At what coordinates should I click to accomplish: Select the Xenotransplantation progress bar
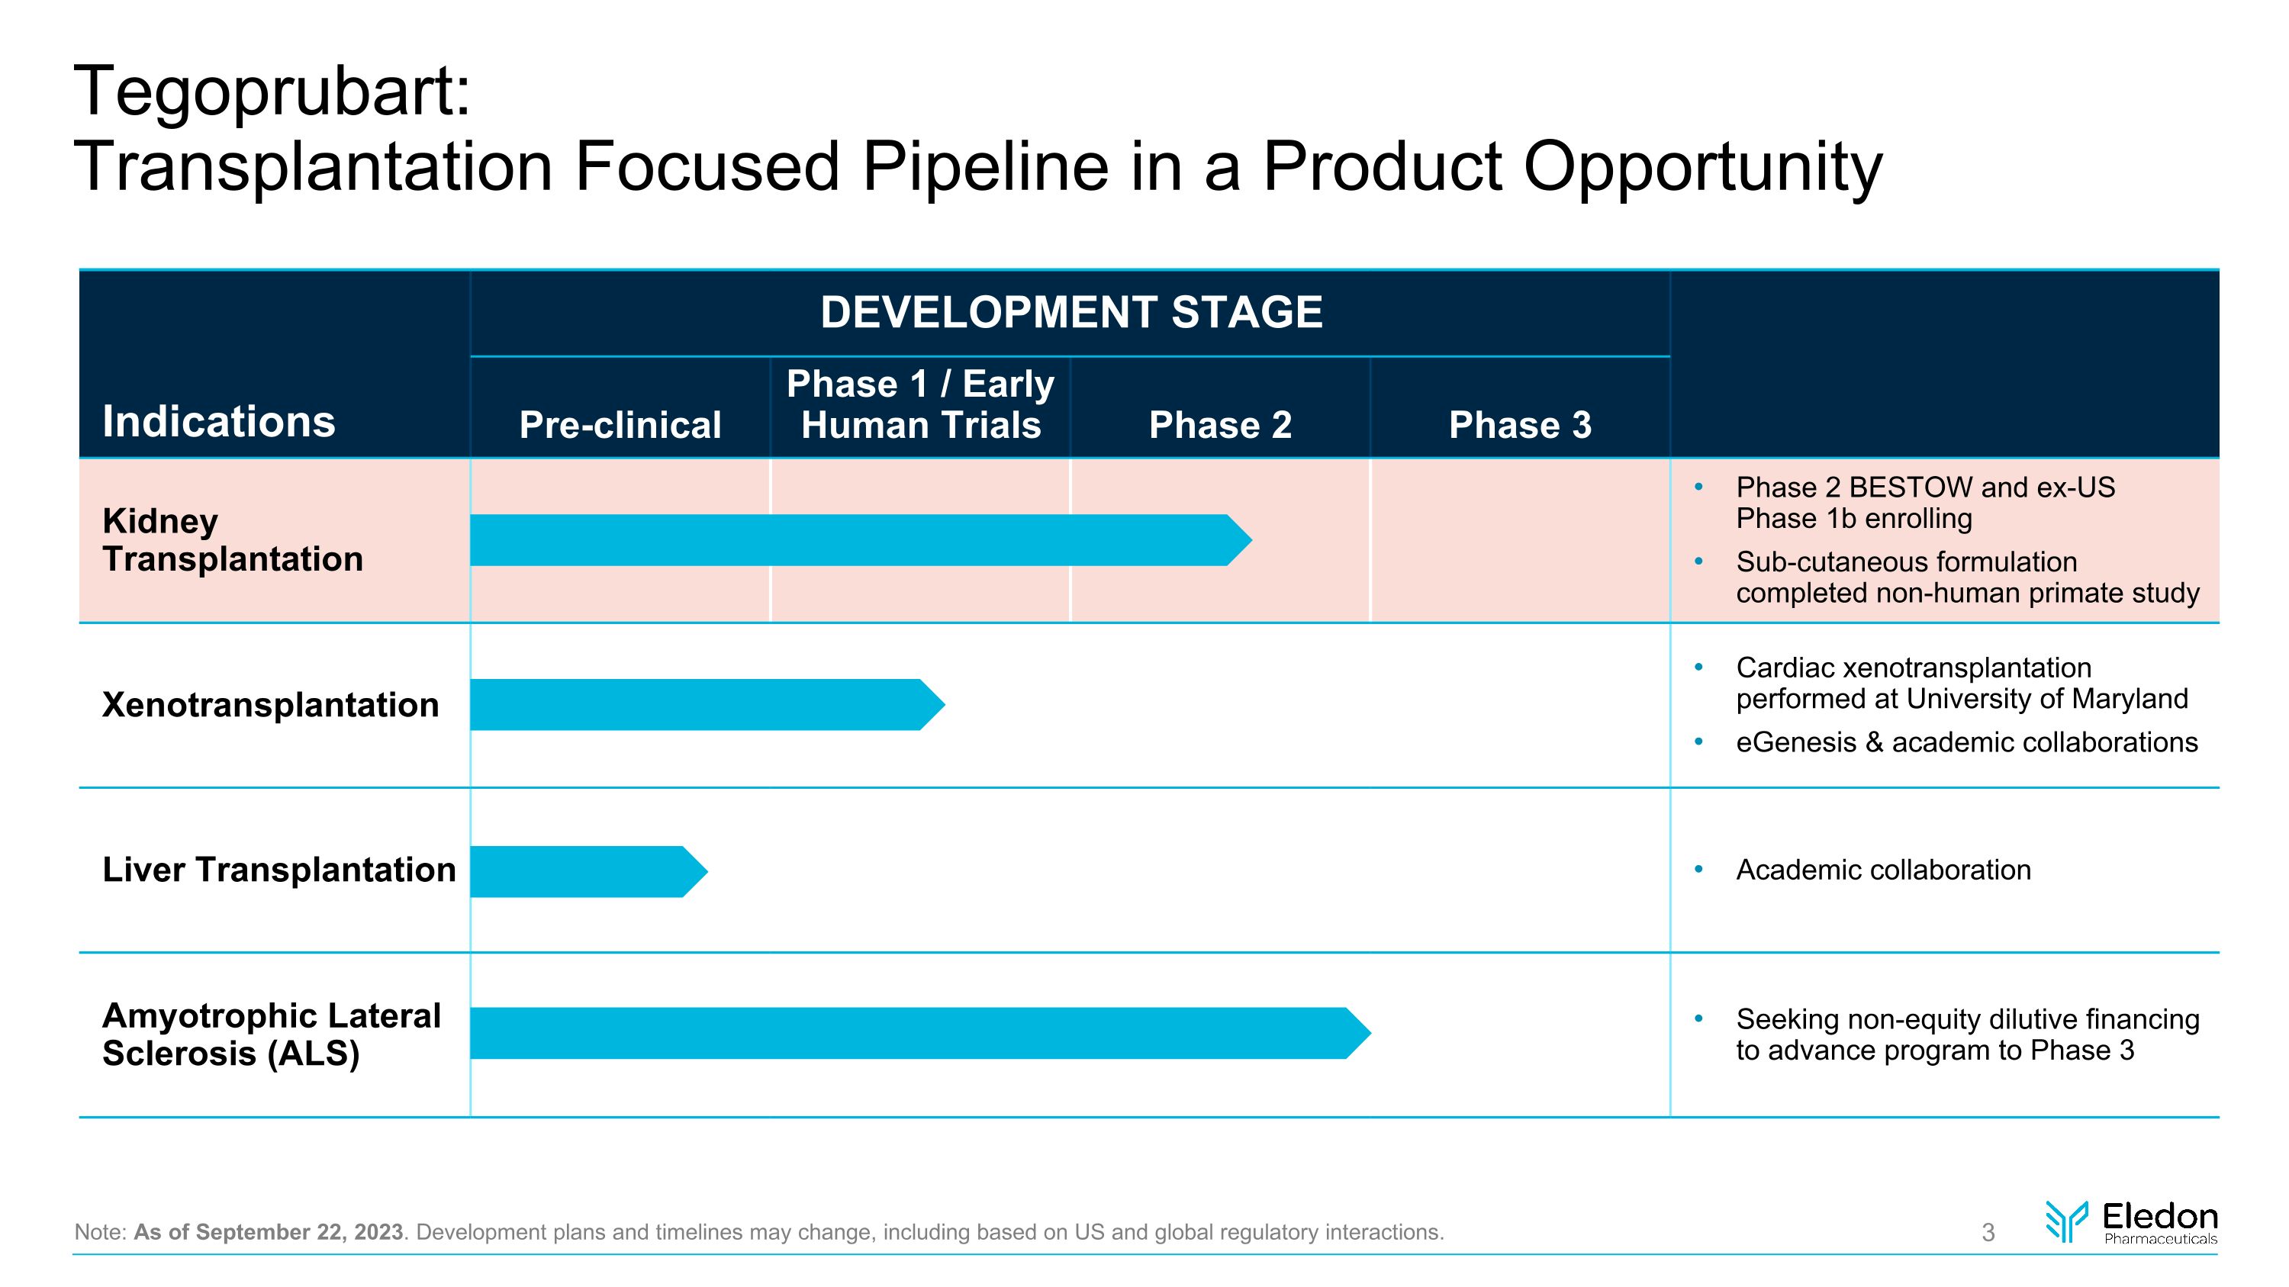click(x=702, y=704)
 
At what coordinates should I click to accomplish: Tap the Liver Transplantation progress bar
click(x=582, y=871)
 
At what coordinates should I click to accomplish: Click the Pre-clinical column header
click(x=620, y=425)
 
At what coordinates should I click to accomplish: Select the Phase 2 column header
click(x=1220, y=425)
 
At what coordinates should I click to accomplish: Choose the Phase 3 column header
click(x=1519, y=425)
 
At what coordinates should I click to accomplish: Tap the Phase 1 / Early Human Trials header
click(x=921, y=404)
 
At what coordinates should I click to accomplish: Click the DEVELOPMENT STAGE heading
click(x=1070, y=312)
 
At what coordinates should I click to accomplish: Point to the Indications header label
click(x=218, y=421)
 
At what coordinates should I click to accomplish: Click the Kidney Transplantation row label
click(x=232, y=540)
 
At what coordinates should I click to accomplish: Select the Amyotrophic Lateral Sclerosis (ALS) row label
click(x=271, y=1034)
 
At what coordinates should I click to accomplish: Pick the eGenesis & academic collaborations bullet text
click(x=1965, y=742)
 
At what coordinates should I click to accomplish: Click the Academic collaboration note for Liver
click(x=1883, y=870)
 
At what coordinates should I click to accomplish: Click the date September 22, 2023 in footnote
click(x=298, y=1232)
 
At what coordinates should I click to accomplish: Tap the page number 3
click(x=1988, y=1232)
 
